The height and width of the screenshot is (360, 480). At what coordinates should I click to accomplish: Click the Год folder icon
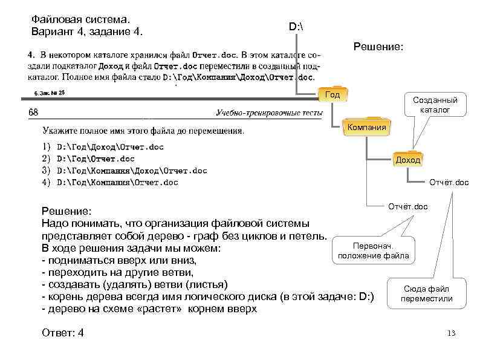(x=332, y=94)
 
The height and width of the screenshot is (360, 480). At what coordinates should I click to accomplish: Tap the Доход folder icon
(x=407, y=160)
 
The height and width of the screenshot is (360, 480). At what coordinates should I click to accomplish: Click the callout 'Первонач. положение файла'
(x=373, y=251)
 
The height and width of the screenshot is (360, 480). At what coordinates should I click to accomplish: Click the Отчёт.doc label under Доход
(x=449, y=182)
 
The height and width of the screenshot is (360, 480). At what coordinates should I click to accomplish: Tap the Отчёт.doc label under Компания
(x=407, y=206)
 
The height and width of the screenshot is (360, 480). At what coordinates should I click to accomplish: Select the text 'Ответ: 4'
(x=63, y=333)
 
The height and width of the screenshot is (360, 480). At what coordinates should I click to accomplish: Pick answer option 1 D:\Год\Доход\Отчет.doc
(x=109, y=146)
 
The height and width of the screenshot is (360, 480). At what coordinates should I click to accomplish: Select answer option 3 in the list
(x=131, y=171)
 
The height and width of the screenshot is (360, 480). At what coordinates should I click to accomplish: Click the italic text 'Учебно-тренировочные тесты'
(x=267, y=113)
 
